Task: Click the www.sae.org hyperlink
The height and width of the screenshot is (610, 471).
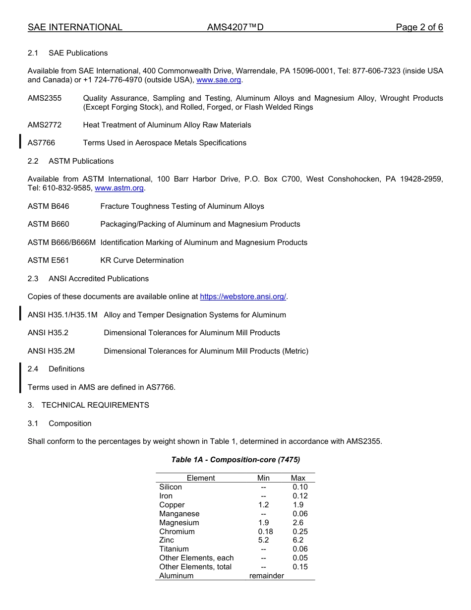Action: point(219,80)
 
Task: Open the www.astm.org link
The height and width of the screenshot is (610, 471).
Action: point(119,188)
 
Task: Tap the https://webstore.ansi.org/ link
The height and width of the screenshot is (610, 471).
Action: point(243,297)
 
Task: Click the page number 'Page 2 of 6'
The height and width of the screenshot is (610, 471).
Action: point(419,27)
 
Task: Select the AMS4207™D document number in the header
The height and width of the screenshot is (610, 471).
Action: point(235,27)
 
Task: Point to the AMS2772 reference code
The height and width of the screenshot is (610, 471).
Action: point(45,125)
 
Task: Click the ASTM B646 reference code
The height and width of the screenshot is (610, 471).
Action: point(49,206)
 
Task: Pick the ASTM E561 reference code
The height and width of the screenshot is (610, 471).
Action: point(49,260)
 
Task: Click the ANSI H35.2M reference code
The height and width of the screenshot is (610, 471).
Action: point(51,351)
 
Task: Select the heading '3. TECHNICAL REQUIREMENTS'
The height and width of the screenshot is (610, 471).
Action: point(88,405)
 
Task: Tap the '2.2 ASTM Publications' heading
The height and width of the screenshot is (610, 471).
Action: point(71,161)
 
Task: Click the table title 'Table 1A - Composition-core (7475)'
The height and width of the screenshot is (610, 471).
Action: point(235,460)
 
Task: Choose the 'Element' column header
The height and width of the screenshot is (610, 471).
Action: point(201,478)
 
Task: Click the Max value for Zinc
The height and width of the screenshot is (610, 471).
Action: point(298,540)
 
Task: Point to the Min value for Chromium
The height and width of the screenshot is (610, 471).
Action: point(265,532)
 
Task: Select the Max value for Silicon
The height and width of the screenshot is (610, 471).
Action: point(300,487)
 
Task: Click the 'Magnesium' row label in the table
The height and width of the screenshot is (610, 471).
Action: point(179,523)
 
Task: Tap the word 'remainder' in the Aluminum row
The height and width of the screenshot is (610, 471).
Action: point(266,576)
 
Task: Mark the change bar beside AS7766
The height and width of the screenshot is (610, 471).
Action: point(20,141)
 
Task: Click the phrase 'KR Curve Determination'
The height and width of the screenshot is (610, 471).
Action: point(142,260)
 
